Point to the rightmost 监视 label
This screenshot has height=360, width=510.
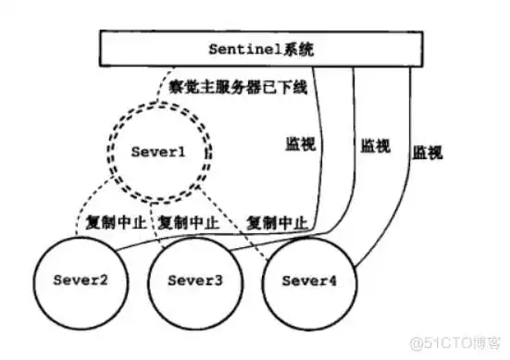point(428,151)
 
